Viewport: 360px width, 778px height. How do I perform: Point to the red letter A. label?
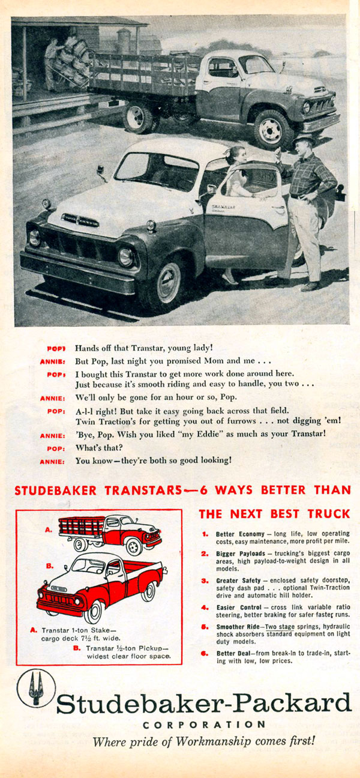(x=48, y=530)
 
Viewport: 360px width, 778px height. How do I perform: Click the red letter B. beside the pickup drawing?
(x=50, y=566)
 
